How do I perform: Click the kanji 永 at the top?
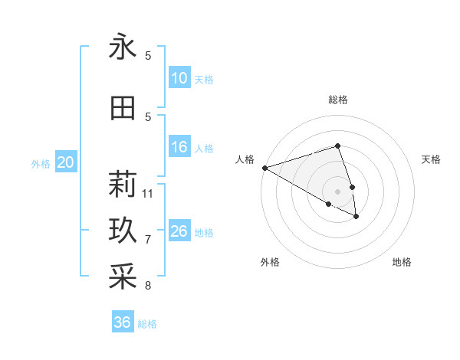(x=123, y=47)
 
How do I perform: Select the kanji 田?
(x=123, y=109)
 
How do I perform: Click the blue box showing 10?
(x=179, y=78)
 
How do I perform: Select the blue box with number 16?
(x=179, y=148)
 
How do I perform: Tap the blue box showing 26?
(x=179, y=231)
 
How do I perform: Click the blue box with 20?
(x=66, y=162)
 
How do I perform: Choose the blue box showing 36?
(x=123, y=322)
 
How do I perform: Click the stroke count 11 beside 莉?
(x=148, y=193)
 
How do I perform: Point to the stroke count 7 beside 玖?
(x=148, y=240)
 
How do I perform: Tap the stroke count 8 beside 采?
(x=148, y=286)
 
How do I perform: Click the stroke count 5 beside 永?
(x=148, y=56)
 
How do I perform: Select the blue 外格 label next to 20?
(x=41, y=163)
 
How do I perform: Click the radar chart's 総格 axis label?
(x=337, y=100)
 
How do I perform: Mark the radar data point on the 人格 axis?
(x=264, y=168)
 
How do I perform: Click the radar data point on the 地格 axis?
(x=356, y=218)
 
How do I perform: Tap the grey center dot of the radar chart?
(x=337, y=191)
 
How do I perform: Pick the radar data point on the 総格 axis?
(x=337, y=146)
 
